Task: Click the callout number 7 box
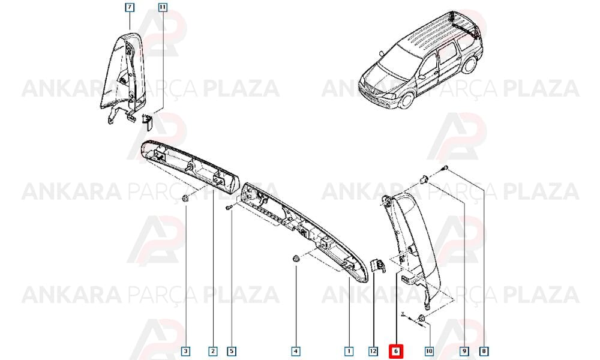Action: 130,7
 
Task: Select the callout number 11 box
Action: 163,7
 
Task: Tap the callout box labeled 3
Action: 185,350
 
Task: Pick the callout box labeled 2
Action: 213,350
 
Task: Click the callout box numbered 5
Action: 232,350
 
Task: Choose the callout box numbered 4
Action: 295,350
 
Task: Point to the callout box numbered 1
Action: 349,350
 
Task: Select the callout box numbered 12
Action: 373,350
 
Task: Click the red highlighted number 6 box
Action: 396,350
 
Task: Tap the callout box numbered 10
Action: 429,350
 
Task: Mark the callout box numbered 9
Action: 464,350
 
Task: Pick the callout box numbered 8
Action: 484,350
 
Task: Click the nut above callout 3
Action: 185,198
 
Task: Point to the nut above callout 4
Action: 295,259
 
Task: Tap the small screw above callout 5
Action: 229,207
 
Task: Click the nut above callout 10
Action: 422,318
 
